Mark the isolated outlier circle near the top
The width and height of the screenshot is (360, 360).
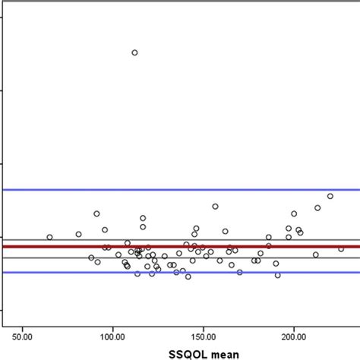point(134,52)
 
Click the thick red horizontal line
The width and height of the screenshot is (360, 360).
point(228,246)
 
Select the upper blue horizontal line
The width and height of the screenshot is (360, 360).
point(228,189)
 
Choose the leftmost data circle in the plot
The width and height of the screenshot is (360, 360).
point(49,237)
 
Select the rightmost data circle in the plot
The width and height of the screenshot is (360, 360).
point(341,248)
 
